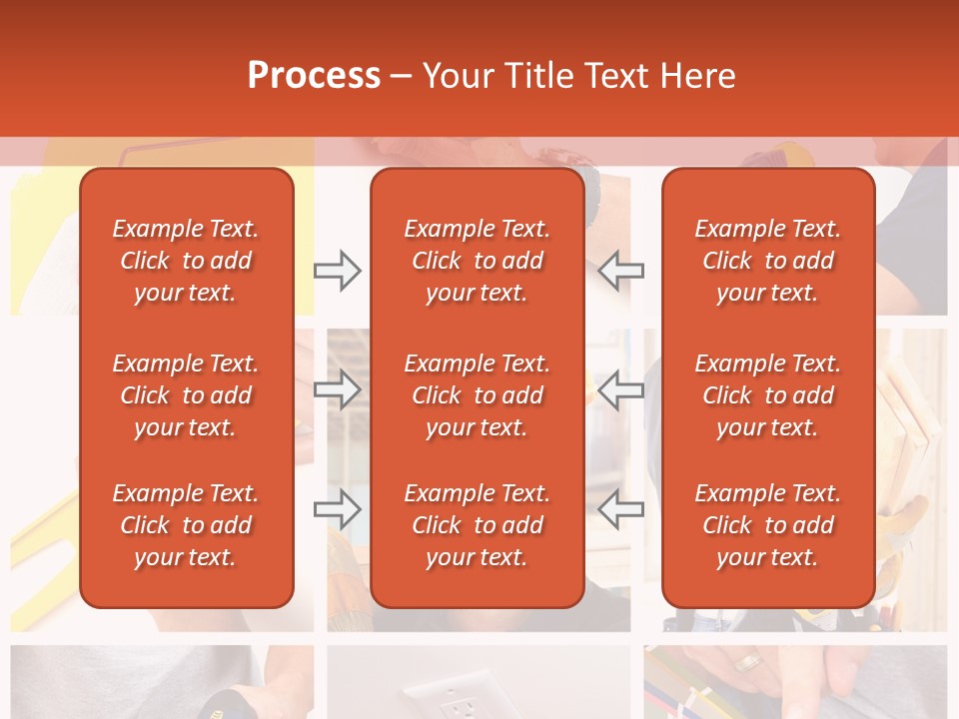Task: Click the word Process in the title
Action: pyautogui.click(x=314, y=76)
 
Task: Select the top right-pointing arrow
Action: pyautogui.click(x=337, y=271)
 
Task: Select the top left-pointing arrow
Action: pyautogui.click(x=621, y=271)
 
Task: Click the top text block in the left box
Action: pyautogui.click(x=186, y=261)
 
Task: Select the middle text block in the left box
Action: pyautogui.click(x=186, y=395)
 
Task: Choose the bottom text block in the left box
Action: pyautogui.click(x=186, y=525)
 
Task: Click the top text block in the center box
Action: pyautogui.click(x=478, y=261)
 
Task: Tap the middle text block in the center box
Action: pyautogui.click(x=478, y=395)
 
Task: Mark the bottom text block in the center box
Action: pyautogui.click(x=478, y=525)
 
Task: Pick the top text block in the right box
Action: pyautogui.click(x=768, y=261)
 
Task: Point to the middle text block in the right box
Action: pyautogui.click(x=768, y=395)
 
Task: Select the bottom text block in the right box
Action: pyautogui.click(x=768, y=525)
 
